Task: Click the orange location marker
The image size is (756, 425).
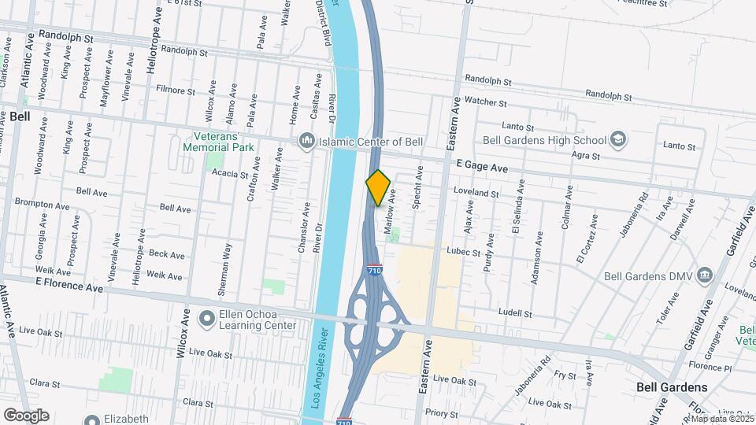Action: pos(379,188)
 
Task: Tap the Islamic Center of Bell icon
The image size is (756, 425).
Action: pos(306,142)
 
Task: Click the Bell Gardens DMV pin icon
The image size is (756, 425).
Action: pos(703,276)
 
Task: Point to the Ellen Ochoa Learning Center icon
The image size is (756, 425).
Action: pos(207,319)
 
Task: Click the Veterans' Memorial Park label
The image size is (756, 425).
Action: pos(219,141)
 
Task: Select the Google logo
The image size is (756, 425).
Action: pos(26,415)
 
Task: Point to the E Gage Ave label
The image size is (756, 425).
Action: pos(481,165)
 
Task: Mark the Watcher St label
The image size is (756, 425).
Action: pos(485,102)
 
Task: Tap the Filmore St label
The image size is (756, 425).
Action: pos(176,91)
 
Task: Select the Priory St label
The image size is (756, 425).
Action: pos(442,412)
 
